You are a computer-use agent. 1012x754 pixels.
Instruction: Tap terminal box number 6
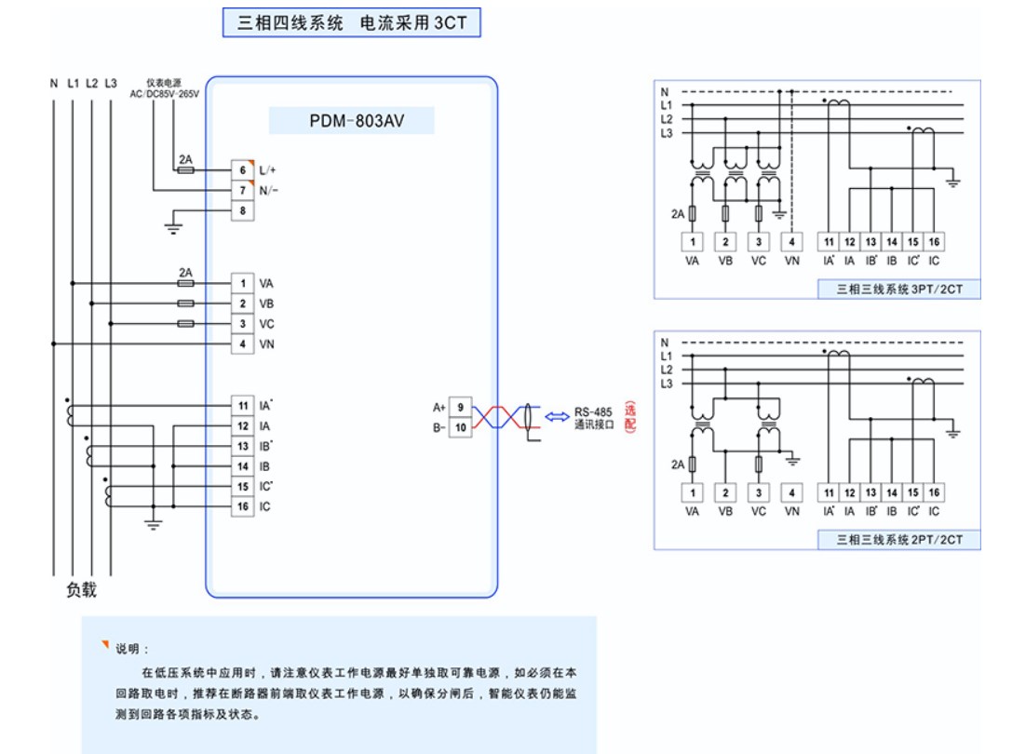(242, 170)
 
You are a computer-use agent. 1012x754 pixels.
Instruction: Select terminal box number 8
(242, 210)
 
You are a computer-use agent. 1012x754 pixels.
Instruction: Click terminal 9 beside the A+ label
(460, 407)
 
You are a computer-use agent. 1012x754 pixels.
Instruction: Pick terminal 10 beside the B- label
(460, 427)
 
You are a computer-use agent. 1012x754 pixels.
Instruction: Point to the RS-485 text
(593, 412)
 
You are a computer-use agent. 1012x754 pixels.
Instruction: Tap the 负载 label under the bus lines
(81, 590)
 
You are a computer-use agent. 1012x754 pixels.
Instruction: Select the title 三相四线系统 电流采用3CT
(351, 23)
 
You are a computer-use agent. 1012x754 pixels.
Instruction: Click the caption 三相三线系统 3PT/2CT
(898, 289)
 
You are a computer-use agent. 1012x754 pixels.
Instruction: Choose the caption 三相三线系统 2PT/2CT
(898, 540)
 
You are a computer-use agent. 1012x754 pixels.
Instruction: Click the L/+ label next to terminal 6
(268, 170)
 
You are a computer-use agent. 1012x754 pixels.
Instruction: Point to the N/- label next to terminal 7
(269, 191)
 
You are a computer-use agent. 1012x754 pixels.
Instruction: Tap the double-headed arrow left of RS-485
(558, 417)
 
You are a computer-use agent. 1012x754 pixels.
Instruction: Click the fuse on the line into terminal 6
(185, 170)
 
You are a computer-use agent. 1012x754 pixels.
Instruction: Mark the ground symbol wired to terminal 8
(171, 224)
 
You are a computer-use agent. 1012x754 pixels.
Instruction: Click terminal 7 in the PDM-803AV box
(242, 191)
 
